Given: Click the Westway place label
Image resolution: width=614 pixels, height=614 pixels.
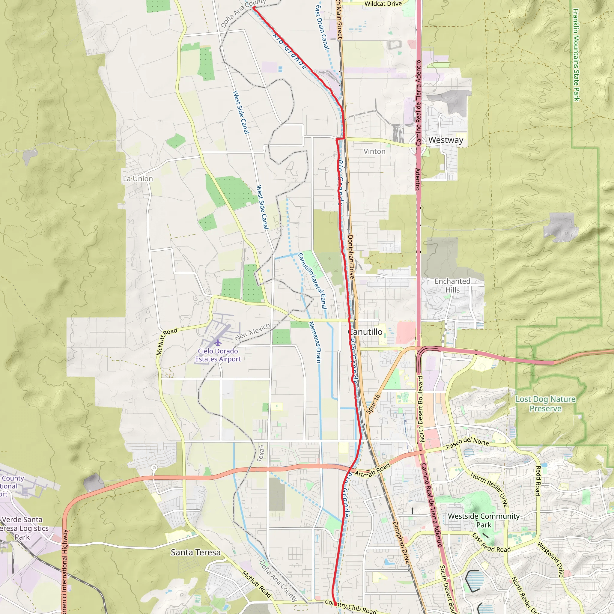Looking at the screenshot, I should coord(446,140).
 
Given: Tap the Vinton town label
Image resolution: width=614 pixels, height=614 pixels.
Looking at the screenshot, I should coord(374,151).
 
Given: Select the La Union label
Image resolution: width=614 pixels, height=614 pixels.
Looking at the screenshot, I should coord(138,179).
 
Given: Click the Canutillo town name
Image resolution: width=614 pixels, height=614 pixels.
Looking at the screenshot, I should coord(365,332).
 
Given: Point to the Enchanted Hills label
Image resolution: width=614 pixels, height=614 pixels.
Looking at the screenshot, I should coord(452,285).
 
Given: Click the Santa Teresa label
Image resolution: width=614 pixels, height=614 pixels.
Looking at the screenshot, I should coord(195,552).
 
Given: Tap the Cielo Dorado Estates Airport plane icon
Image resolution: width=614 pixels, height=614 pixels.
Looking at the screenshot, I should coord(218,343).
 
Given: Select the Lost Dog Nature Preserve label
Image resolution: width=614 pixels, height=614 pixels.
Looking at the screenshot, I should coord(545,404).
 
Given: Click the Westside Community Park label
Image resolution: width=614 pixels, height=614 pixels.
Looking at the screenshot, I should coord(484,520).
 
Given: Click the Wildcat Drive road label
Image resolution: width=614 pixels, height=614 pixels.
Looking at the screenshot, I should coord(383,4).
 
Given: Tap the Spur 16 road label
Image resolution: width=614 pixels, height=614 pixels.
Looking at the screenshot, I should coord(373,404).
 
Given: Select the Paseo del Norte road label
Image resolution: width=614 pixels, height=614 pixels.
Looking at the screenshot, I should coord(467,443).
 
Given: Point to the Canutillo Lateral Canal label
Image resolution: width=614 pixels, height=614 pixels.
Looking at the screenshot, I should coord(312,281).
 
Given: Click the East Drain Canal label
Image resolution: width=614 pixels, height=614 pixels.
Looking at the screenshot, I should coord(322,27).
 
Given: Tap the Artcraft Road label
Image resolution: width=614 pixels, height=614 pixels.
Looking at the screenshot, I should coord(372,470).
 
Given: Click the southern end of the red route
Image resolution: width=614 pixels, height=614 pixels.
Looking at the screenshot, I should coord(335,604).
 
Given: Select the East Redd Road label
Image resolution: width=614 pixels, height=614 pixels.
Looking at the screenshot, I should coord(491,543).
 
